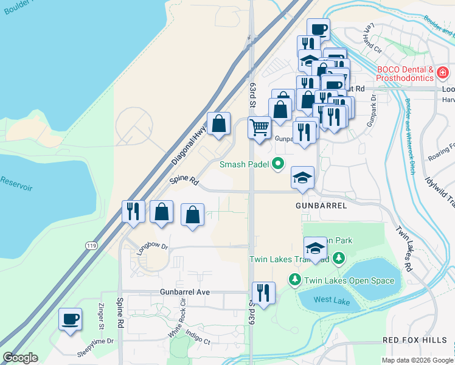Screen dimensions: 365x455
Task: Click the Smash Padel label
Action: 244,164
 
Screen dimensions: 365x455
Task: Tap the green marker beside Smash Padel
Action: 278,163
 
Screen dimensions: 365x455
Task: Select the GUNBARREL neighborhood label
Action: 321,206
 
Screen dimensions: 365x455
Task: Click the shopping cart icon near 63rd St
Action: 260,128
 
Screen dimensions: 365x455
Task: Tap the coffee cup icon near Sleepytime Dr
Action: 71,319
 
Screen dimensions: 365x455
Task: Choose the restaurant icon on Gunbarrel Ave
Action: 263,292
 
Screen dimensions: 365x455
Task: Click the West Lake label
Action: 332,300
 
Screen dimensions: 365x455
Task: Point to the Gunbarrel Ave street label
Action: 185,292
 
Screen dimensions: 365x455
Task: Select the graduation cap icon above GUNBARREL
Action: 302,178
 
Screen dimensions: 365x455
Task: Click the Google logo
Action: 21,357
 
